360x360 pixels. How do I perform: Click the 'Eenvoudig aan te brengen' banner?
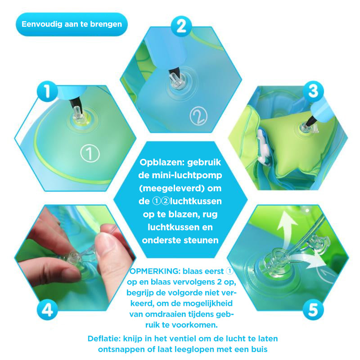[72, 24]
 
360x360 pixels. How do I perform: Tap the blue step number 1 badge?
[47, 91]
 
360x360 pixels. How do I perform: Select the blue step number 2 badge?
[181, 27]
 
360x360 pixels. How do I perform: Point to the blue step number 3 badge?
[313, 91]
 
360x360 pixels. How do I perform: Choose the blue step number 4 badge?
[47, 310]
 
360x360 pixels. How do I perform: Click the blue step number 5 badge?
[313, 310]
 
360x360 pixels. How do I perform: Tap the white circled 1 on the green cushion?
[90, 153]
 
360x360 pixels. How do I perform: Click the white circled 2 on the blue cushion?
[198, 116]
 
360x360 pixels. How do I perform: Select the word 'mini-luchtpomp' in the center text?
[180, 175]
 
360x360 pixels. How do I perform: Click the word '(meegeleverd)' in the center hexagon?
[172, 189]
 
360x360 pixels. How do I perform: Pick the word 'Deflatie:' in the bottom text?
[104, 339]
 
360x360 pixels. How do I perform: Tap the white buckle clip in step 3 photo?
[264, 147]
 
